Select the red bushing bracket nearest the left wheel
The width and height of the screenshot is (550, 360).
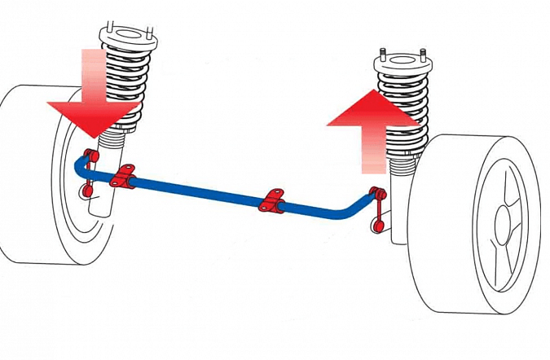pyautogui.click(x=124, y=177)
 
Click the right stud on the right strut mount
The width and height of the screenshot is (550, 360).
pyautogui.click(x=425, y=55)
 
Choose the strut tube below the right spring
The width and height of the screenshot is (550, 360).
pyautogui.click(x=399, y=204)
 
